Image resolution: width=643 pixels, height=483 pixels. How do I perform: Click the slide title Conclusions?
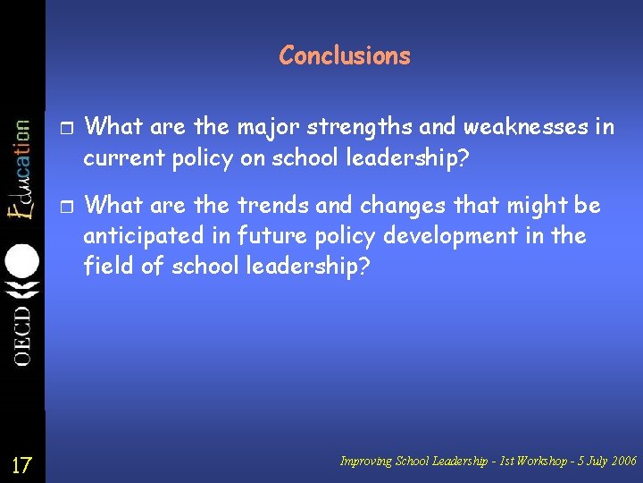345,55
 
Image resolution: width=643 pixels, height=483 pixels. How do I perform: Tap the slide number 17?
21,465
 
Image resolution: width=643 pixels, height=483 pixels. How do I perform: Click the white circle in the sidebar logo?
22,261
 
